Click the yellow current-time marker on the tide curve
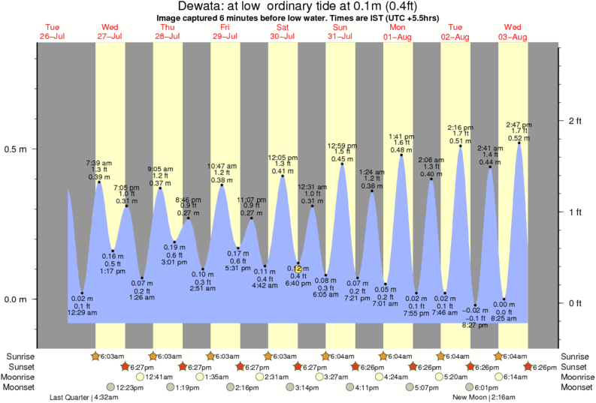coord(298,268)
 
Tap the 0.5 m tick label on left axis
coord(16,149)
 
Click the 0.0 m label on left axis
coord(16,299)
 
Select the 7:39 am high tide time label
coord(99,163)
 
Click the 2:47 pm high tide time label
coord(519,124)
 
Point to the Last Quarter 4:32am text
coord(82,397)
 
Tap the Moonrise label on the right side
coord(576,377)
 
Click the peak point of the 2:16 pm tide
coord(461,146)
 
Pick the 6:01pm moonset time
coord(486,387)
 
